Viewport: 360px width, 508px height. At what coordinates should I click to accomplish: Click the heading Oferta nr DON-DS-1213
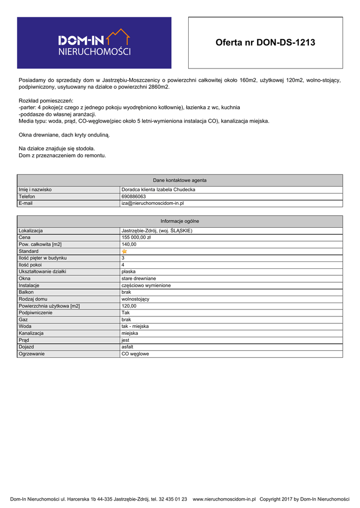coord(265,43)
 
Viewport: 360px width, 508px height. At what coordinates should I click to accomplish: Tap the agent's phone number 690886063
coord(134,196)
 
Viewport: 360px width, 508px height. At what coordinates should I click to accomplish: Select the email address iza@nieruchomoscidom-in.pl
coord(153,203)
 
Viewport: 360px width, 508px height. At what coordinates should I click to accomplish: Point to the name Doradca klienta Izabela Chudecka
coord(158,190)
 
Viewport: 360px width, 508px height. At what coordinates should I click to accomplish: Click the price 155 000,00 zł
coord(136,238)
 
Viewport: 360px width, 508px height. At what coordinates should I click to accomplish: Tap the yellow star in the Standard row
coord(125,252)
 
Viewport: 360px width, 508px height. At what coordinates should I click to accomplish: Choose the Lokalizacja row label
coord(31,231)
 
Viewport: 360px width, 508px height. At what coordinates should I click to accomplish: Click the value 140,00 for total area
coord(129,245)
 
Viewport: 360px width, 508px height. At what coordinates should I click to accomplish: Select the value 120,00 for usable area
coord(129,306)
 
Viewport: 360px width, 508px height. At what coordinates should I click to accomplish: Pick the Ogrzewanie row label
coord(31,354)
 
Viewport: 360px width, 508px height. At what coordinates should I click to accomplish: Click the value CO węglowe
coord(135,354)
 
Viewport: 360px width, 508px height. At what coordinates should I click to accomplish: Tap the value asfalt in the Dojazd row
coord(127,347)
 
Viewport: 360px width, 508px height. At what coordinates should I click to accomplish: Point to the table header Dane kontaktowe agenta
coord(180,180)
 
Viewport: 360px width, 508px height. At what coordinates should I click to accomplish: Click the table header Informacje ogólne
coord(180,221)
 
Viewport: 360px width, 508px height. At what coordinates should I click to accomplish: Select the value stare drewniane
coord(139,279)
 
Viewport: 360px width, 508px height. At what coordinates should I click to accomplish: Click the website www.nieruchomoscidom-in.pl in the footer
coord(224,499)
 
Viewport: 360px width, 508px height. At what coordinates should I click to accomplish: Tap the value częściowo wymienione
coord(146,286)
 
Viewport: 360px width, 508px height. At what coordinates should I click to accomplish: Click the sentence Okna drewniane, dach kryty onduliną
coord(64,135)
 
